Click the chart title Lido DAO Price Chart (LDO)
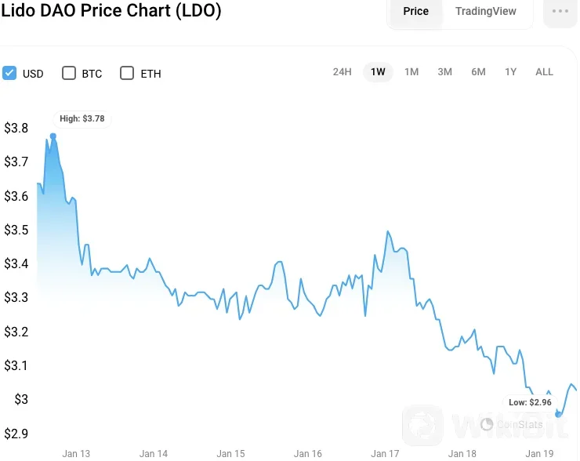click(x=111, y=11)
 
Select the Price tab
click(x=415, y=11)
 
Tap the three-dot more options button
click(x=560, y=11)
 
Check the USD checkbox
click(x=10, y=73)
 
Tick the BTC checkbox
click(x=68, y=73)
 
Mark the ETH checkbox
click(x=127, y=73)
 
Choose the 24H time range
click(x=342, y=72)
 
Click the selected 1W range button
click(x=378, y=72)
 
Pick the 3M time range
click(x=444, y=72)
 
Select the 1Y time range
click(x=510, y=72)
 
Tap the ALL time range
click(x=544, y=72)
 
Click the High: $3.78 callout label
click(x=82, y=118)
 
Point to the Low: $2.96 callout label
click(x=530, y=402)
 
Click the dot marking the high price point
click(x=53, y=136)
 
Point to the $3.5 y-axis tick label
click(x=16, y=230)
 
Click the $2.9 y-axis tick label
click(x=16, y=434)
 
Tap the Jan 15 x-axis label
click(x=230, y=453)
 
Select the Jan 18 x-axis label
click(x=462, y=453)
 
